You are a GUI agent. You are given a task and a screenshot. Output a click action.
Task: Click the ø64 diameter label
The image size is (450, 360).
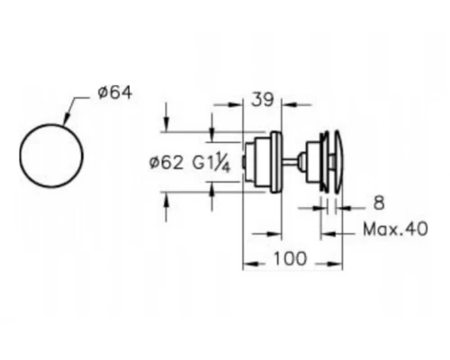pyautogui.click(x=115, y=93)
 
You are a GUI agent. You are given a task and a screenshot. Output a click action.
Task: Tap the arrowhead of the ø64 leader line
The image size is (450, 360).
pyautogui.click(x=66, y=120)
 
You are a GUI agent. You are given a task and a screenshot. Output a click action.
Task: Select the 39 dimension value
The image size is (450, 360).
pyautogui.click(x=263, y=99)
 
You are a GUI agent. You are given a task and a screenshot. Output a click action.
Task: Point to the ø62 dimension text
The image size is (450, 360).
pyautogui.click(x=166, y=163)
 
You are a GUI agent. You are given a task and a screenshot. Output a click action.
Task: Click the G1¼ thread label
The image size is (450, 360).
pyautogui.click(x=211, y=165)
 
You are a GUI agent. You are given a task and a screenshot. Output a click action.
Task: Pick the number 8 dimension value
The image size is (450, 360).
pyautogui.click(x=379, y=203)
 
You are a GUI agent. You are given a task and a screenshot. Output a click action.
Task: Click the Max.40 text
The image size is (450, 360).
pyautogui.click(x=395, y=229)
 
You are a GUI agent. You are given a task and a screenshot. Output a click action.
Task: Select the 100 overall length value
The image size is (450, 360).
pyautogui.click(x=290, y=258)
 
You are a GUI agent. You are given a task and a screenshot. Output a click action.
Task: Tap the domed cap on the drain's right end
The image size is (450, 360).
pyautogui.click(x=338, y=162)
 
